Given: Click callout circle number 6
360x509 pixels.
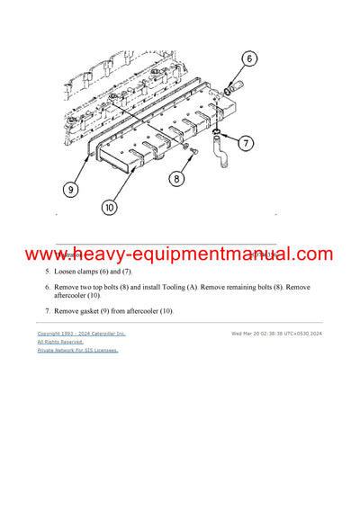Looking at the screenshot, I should [x=248, y=58].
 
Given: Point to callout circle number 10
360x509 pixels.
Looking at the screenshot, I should [x=110, y=208].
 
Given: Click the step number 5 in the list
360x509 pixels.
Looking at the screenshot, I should [x=49, y=271].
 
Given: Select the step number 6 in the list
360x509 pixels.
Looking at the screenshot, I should [x=49, y=287].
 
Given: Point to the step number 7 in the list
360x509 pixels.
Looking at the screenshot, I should [x=49, y=311].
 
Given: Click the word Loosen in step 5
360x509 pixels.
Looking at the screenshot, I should [x=68, y=271].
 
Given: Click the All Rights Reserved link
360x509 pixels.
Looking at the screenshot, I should [x=59, y=342].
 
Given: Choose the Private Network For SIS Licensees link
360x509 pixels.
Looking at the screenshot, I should [x=77, y=351].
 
